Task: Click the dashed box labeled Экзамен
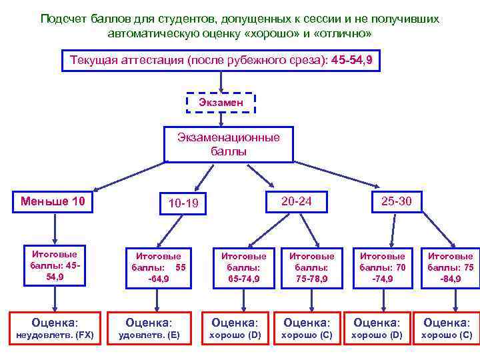[x=219, y=103]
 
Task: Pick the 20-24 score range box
[x=296, y=201]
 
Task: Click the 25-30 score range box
[x=396, y=201]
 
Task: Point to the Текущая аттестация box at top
[x=221, y=61]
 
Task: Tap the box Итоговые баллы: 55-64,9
[x=159, y=267]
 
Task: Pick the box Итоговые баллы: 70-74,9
[x=382, y=267]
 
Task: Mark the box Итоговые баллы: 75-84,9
[x=450, y=267]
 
